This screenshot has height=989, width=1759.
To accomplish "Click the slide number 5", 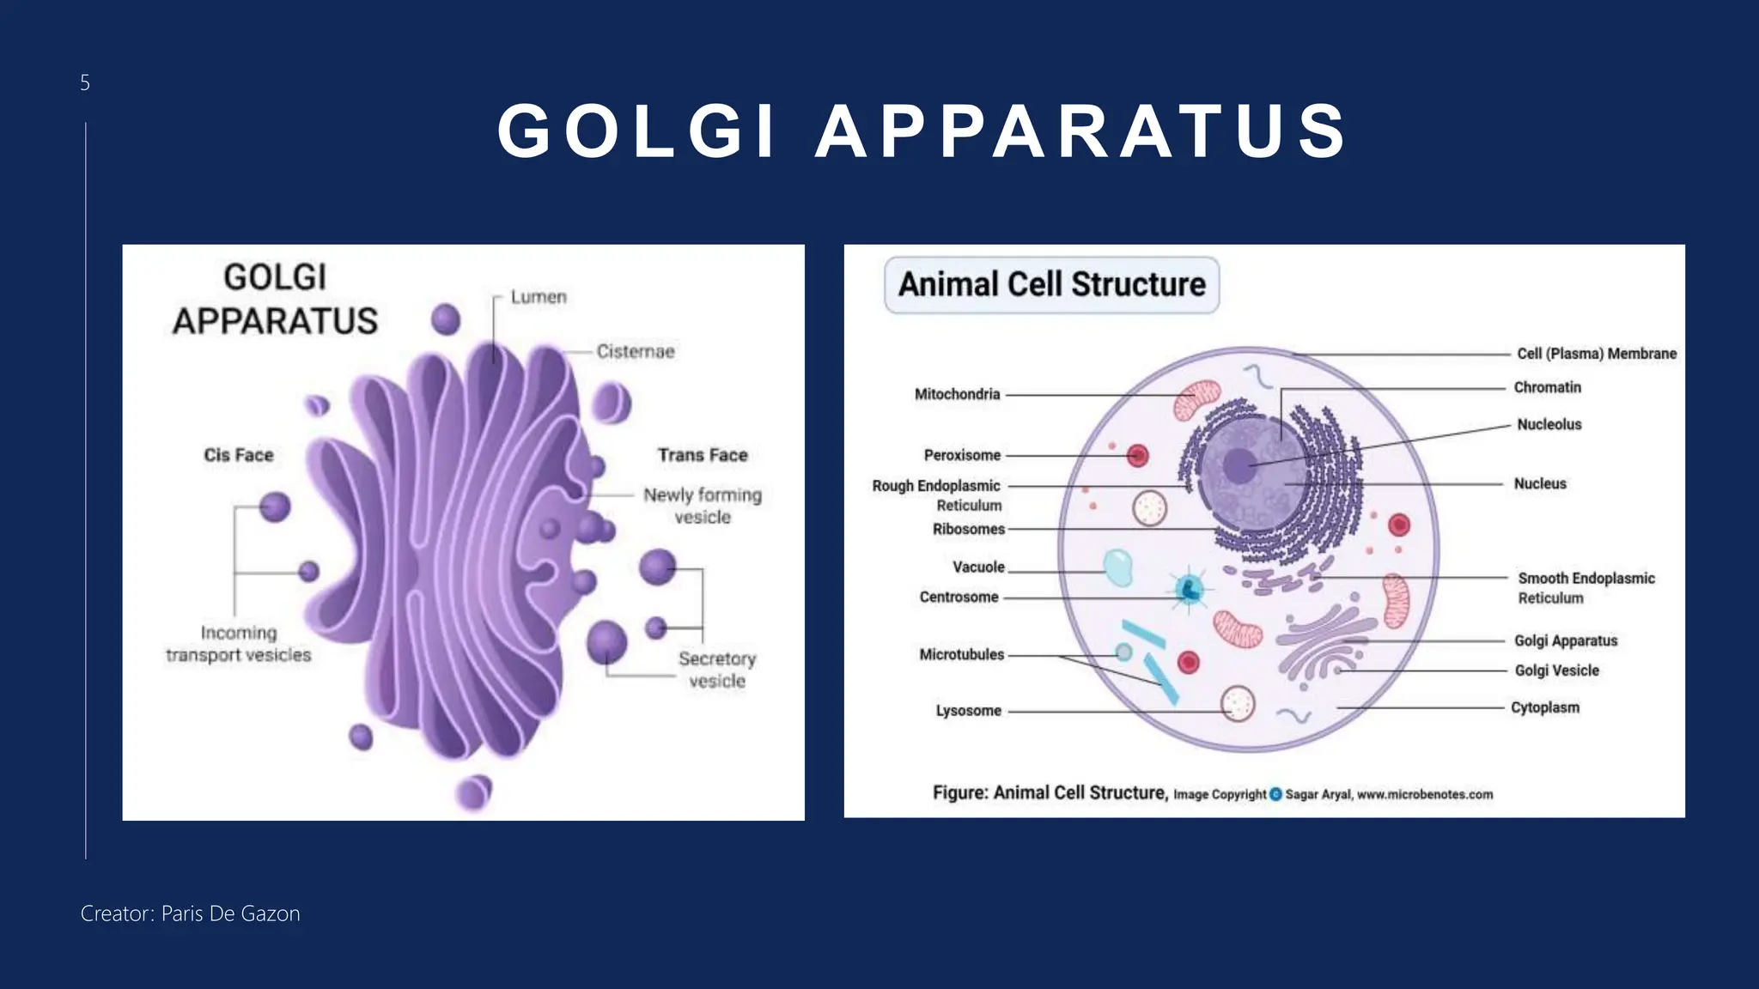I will (84, 82).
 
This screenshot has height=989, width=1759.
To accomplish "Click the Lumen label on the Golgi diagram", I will (539, 297).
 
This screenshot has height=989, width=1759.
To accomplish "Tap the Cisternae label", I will (636, 351).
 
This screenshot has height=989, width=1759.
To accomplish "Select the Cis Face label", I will (238, 455).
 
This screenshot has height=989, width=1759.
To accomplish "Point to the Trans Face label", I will (703, 455).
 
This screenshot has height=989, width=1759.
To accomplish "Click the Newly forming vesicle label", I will (703, 506).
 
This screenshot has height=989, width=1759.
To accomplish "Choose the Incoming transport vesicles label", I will (238, 644).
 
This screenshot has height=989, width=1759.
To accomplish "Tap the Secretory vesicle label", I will (717, 670).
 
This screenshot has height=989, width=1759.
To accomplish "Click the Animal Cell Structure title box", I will (1051, 284).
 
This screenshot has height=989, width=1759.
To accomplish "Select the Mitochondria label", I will (957, 394).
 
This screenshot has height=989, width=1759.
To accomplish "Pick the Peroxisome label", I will (962, 455).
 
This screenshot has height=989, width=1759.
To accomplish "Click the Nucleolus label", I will (1549, 424).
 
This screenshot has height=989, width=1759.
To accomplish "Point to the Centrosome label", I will (959, 597).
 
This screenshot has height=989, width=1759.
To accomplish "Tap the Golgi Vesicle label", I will (1556, 670).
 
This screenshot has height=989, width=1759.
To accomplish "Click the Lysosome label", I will (968, 711).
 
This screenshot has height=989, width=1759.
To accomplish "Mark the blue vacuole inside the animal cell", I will (1117, 568).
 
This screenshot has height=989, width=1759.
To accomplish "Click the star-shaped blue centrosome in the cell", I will (1189, 590).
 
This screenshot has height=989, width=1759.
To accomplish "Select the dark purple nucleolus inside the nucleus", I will (1239, 466).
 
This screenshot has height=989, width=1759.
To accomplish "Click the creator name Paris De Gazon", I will (230, 913).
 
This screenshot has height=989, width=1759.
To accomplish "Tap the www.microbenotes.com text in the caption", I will (1424, 795).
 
